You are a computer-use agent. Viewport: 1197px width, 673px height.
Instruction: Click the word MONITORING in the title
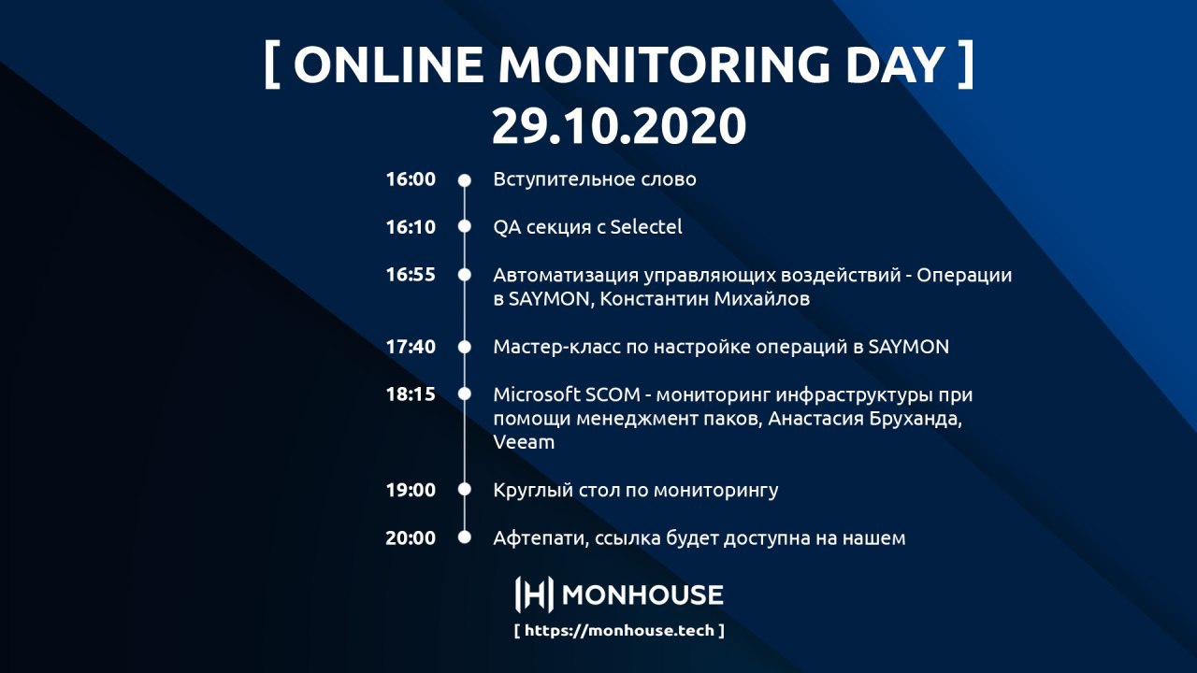(x=663, y=64)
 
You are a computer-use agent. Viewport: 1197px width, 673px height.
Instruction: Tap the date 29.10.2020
(x=619, y=125)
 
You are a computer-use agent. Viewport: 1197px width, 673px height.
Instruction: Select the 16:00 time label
(x=411, y=179)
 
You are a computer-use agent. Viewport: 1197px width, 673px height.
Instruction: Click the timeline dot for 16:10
(x=465, y=226)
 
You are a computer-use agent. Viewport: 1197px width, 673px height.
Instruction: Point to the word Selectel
(x=646, y=227)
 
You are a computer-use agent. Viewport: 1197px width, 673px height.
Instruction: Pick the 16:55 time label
(x=411, y=275)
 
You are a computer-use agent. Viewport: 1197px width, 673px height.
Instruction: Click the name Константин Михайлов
(x=705, y=299)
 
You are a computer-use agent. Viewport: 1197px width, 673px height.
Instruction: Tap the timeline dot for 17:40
(x=465, y=347)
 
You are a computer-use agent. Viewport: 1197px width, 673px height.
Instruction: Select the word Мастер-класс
(x=556, y=347)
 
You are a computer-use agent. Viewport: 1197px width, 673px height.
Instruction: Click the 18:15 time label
(x=411, y=394)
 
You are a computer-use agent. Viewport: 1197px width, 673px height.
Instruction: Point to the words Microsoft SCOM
(x=567, y=394)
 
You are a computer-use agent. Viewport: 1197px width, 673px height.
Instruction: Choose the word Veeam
(x=524, y=442)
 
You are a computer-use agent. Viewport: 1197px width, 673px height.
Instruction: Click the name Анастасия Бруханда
(x=865, y=419)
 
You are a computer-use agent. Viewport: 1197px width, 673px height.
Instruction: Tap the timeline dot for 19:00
(x=465, y=489)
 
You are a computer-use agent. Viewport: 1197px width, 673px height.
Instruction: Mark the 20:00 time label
(x=411, y=537)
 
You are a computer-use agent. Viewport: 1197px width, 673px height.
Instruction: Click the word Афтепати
(x=541, y=537)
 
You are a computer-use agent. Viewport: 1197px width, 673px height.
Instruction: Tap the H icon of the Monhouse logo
(x=534, y=594)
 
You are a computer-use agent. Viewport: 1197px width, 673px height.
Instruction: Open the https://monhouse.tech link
(x=619, y=631)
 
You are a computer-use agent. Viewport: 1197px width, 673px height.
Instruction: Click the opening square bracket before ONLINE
(x=272, y=64)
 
